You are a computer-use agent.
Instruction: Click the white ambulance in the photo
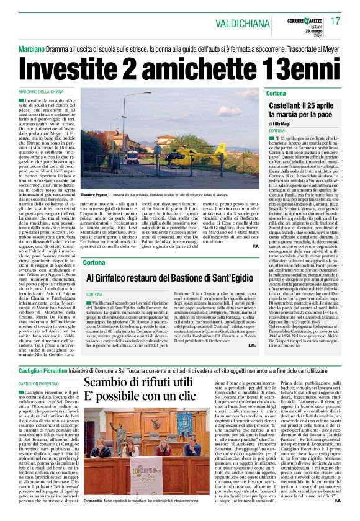click(x=133, y=160)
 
